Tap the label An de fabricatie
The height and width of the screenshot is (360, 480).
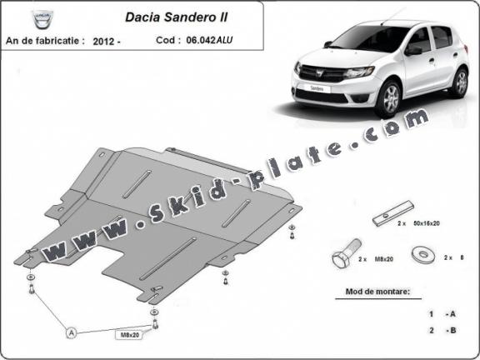point(47,39)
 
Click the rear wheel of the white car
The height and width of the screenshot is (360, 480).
point(459,82)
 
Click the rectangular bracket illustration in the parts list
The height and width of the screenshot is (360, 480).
point(391,214)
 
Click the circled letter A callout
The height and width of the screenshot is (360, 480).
point(72,332)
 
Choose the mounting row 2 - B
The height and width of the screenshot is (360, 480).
point(442,332)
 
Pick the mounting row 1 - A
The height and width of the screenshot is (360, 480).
point(442,314)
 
